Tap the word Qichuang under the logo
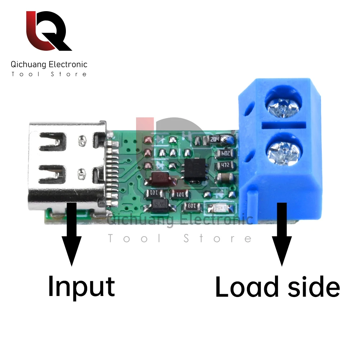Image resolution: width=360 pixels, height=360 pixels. (28, 65)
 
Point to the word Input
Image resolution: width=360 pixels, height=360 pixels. (81, 286)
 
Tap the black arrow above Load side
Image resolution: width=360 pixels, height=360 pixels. (282, 234)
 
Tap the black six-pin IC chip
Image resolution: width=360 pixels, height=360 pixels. (194, 170)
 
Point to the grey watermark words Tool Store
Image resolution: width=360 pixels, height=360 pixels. (180, 238)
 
